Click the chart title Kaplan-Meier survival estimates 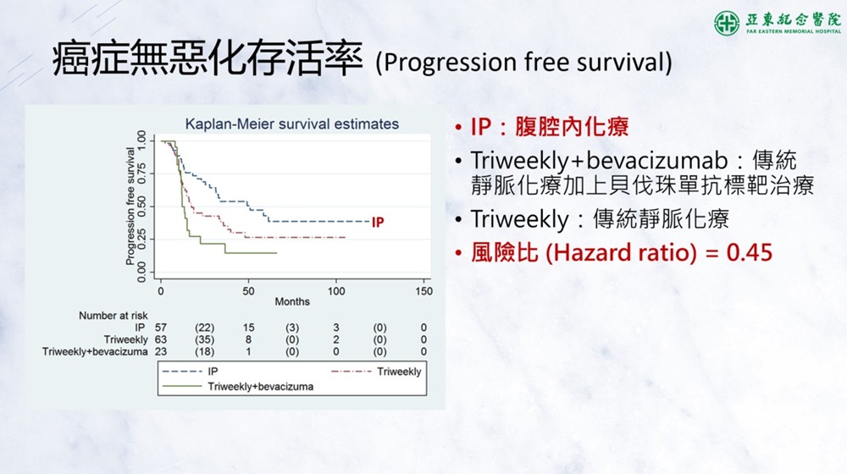tap(291, 124)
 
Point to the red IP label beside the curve tap(378, 222)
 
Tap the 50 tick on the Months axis tap(248, 291)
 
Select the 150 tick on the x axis tap(423, 291)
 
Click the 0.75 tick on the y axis tap(141, 174)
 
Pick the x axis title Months tap(292, 302)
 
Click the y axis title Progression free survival tap(130, 207)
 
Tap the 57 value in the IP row tap(160, 328)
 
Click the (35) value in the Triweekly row tap(204, 340)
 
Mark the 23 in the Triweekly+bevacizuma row tap(160, 352)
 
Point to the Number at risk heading tap(113, 316)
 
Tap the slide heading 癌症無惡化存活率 tap(208, 58)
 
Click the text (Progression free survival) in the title tap(524, 62)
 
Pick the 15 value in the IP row tap(248, 328)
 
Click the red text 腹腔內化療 tap(572, 127)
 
